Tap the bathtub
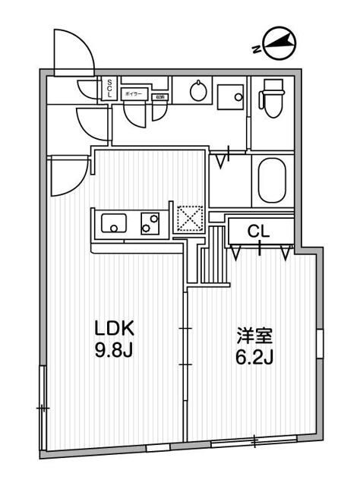pyautogui.click(x=270, y=179)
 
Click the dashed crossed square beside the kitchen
pyautogui.click(x=187, y=218)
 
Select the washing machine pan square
pyautogui.click(x=229, y=96)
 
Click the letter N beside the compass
pyautogui.click(x=257, y=49)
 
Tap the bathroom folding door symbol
pyautogui.click(x=223, y=159)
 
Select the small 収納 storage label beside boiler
pyautogui.click(x=159, y=97)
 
